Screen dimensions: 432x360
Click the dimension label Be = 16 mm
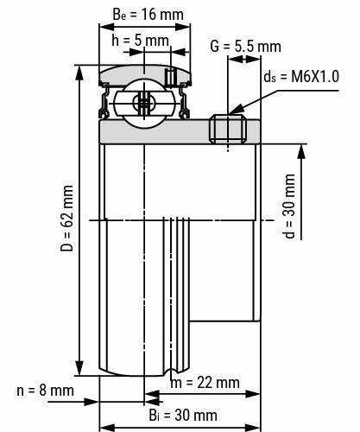click(x=137, y=15)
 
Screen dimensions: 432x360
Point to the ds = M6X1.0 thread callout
click(x=303, y=77)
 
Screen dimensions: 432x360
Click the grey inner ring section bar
click(x=155, y=130)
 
